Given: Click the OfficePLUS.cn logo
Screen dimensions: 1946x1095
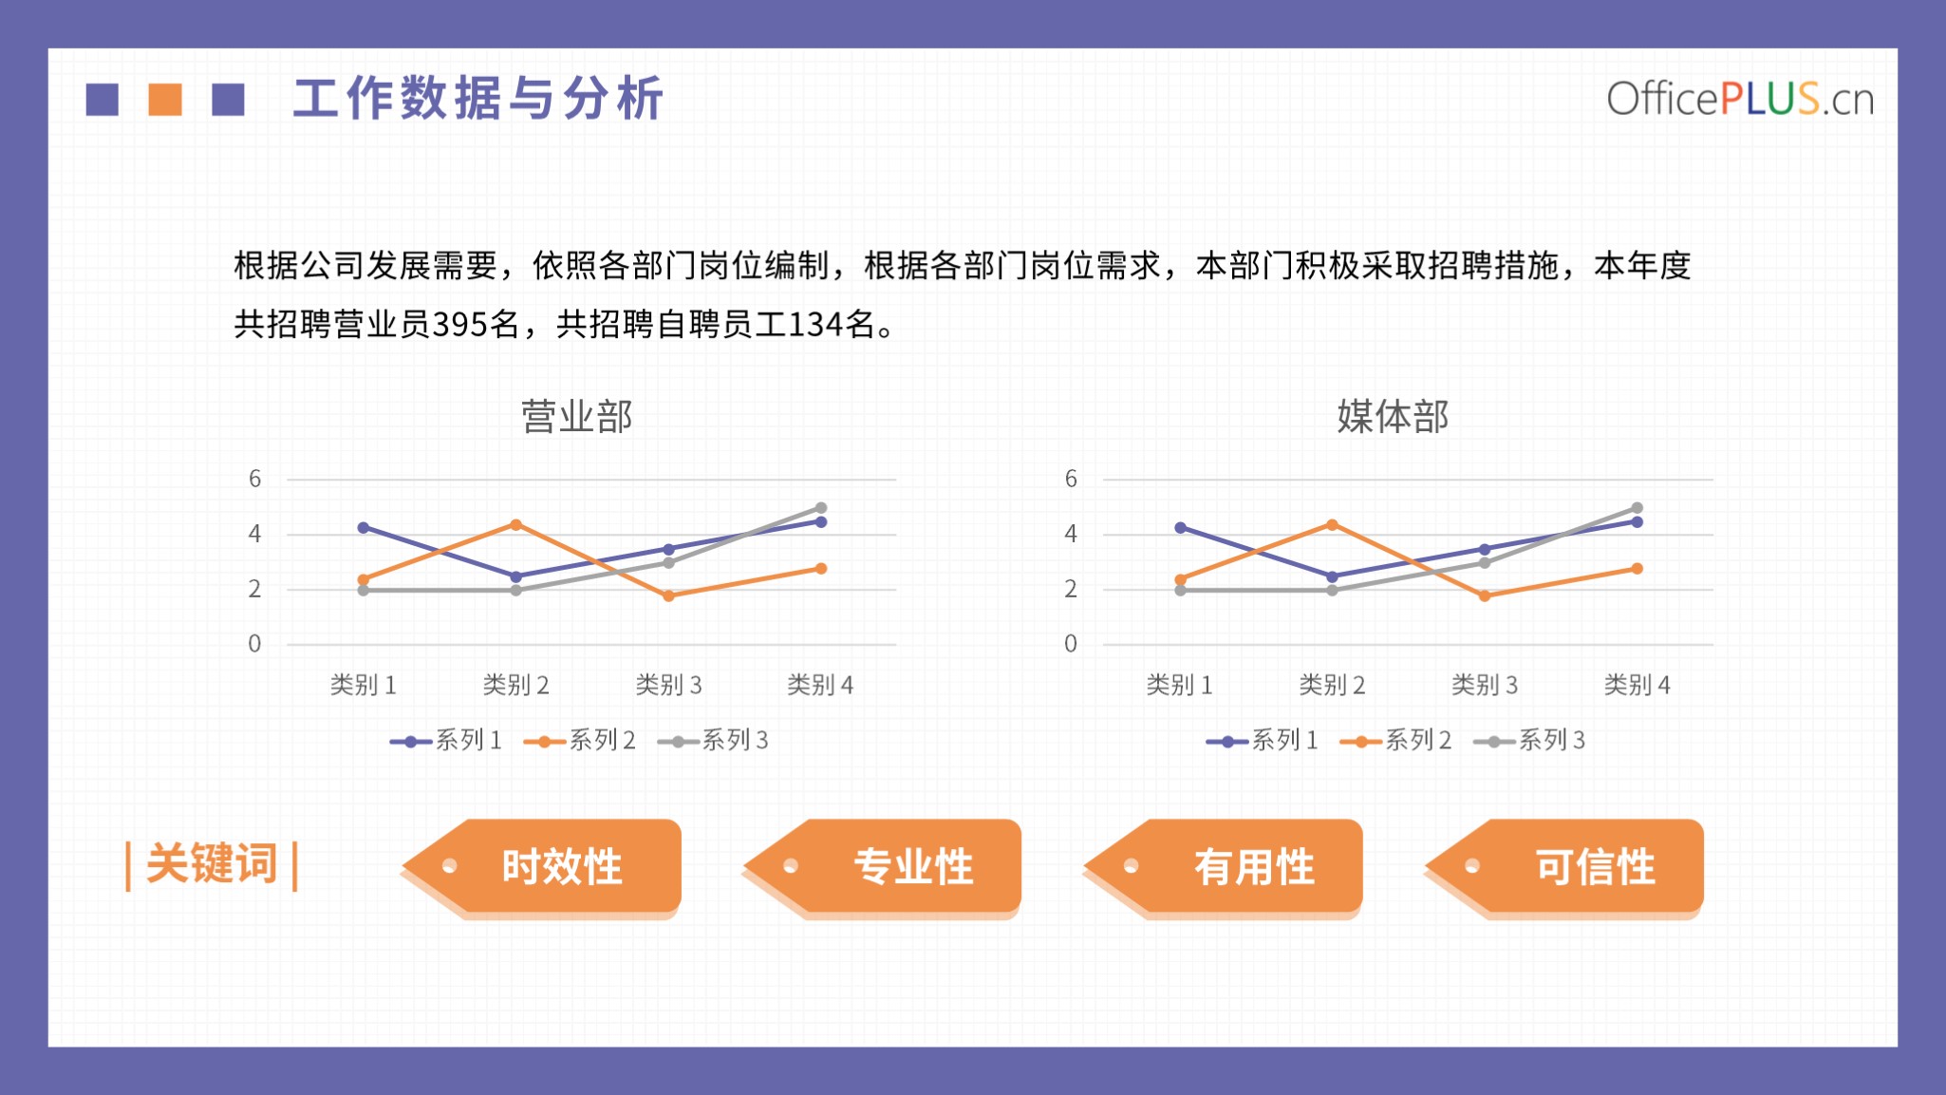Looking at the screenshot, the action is (x=1740, y=99).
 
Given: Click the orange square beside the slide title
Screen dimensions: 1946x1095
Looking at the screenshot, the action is (x=165, y=100).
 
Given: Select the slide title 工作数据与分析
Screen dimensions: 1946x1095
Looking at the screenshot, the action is (x=477, y=99).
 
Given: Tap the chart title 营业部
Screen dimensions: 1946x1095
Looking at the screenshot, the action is (x=576, y=417).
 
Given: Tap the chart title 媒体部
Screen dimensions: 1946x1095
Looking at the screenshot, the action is (x=1393, y=417).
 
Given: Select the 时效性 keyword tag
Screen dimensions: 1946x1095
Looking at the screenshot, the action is (x=542, y=866).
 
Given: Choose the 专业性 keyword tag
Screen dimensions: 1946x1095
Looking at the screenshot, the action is (x=883, y=866).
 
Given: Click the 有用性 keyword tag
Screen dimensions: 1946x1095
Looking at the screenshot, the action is (x=1224, y=866).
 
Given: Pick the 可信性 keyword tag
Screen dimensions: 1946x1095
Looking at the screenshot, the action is (x=1564, y=866).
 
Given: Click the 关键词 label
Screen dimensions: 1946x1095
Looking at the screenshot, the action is (x=212, y=864).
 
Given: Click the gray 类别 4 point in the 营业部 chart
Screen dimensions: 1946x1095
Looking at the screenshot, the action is (x=821, y=508).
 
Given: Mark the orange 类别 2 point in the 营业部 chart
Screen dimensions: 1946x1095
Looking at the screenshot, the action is (x=515, y=524).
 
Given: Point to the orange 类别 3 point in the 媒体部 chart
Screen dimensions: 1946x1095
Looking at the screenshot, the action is (x=1485, y=596).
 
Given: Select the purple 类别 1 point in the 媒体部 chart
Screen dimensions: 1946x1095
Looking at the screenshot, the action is (x=1180, y=527).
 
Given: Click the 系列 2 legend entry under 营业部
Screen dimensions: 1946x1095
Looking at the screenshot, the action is (x=580, y=741).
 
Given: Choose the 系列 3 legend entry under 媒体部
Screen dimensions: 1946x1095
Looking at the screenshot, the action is (x=1529, y=741).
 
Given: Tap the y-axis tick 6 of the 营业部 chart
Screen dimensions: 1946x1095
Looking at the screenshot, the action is (x=254, y=479).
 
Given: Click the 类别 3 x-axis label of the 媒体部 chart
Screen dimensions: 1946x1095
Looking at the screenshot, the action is (x=1485, y=685).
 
